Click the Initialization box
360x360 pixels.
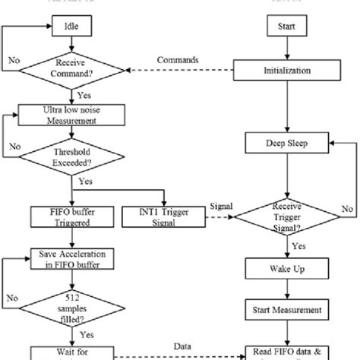[286, 71]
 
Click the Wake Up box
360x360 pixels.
[286, 269]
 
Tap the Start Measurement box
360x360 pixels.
[286, 310]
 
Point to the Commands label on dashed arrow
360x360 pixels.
[178, 60]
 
